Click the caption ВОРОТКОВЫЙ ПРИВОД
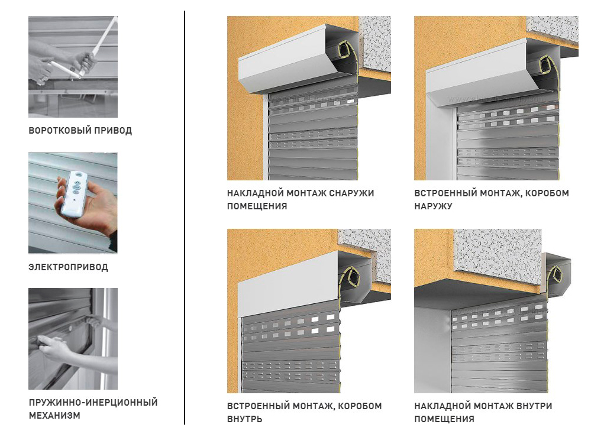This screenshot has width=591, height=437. pos(80,131)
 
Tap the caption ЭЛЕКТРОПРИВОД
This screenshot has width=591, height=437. pos(68,267)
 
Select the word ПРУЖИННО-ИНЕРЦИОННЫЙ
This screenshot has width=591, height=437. pos(93,402)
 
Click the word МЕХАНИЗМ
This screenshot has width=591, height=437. pos(54,416)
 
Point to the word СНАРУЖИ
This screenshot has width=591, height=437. pos(351,193)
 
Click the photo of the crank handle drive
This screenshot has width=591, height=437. pos(73,67)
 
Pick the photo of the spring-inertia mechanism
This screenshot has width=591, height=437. pos(73,339)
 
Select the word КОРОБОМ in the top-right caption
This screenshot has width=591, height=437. pos(547,193)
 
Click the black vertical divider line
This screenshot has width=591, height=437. pos(185,218)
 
